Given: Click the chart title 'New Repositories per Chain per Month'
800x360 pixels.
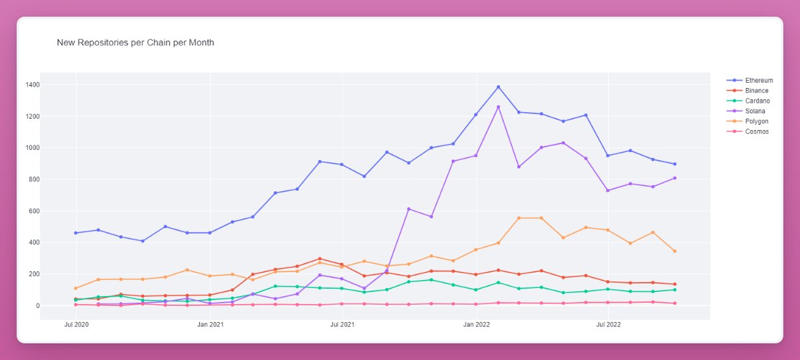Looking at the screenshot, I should click(x=135, y=43).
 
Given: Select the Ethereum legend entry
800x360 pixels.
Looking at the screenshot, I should click(x=759, y=81).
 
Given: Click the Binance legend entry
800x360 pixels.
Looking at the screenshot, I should click(x=757, y=91).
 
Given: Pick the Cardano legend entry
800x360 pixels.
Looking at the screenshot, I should click(x=757, y=101).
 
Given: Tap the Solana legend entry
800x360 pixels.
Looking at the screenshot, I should click(x=755, y=111).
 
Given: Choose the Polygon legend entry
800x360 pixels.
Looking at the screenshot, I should click(x=757, y=121).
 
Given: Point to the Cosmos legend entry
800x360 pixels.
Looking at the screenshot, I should click(x=757, y=131).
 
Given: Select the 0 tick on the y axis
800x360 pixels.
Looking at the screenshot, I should click(x=38, y=306).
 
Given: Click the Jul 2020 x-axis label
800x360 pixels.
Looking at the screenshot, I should click(x=76, y=325).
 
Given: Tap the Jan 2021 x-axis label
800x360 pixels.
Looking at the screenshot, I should click(x=210, y=325).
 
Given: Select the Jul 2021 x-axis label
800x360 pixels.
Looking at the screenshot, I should click(x=342, y=325).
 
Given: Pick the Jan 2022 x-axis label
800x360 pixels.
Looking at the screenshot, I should click(x=476, y=325).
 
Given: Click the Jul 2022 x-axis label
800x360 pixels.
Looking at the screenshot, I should click(x=608, y=325).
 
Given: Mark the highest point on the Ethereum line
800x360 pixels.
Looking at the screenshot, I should click(x=498, y=87).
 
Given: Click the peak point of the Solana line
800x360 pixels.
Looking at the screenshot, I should click(x=498, y=107).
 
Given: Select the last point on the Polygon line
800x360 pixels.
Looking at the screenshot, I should click(x=675, y=251).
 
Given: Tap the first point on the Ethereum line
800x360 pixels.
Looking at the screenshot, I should click(x=76, y=233).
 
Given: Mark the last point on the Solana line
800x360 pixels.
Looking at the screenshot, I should click(x=675, y=178).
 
